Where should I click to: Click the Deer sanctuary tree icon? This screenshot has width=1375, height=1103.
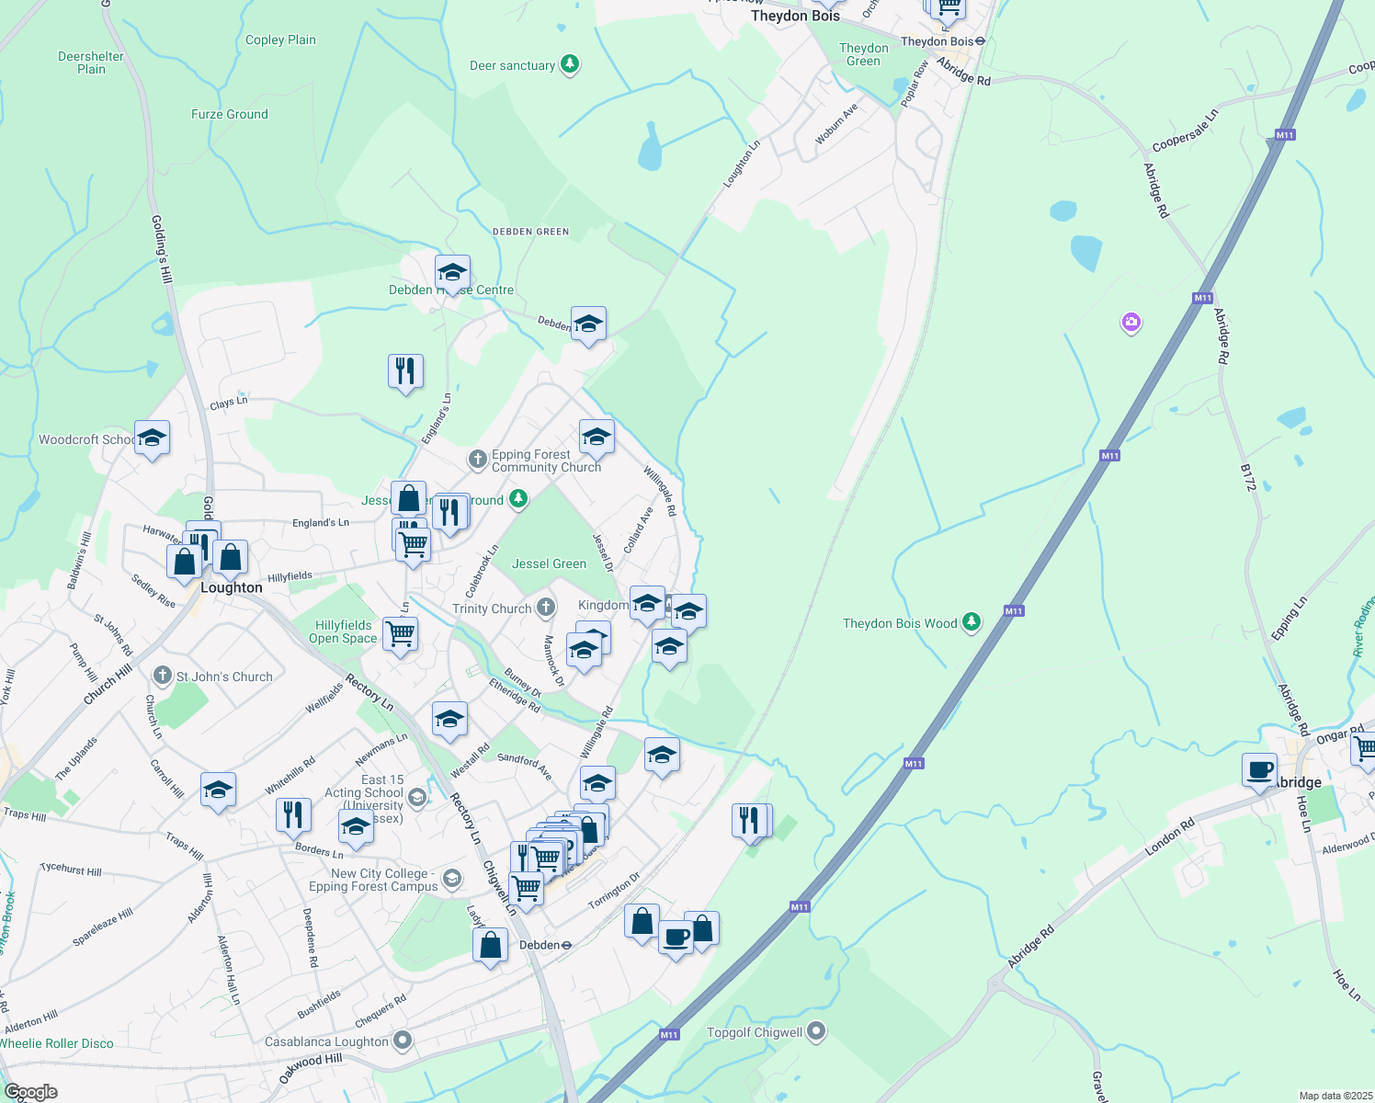tap(571, 64)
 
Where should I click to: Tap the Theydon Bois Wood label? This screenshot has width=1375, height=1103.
tap(900, 623)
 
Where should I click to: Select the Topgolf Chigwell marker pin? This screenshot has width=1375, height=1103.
tap(815, 1031)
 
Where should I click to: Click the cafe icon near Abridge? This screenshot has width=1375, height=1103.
tap(1259, 769)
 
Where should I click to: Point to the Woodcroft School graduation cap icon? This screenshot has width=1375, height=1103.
tap(152, 438)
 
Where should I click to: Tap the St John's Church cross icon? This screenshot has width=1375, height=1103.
tap(163, 677)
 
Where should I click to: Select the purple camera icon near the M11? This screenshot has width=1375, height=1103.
tap(1131, 323)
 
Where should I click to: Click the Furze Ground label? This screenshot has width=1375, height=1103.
tap(230, 114)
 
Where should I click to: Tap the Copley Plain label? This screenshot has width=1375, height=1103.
tap(280, 40)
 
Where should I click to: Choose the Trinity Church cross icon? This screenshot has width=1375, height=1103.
tap(546, 607)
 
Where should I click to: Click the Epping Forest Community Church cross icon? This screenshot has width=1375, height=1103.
tap(477, 459)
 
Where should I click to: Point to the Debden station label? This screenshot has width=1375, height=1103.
tap(540, 945)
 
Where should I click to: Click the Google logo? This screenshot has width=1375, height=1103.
tap(31, 1092)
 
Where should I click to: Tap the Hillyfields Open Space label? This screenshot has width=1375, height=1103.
tap(343, 631)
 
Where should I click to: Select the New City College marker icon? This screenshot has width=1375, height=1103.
tap(451, 879)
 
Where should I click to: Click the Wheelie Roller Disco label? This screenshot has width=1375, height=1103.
tap(57, 1043)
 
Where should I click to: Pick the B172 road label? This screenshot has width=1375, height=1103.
tap(1247, 477)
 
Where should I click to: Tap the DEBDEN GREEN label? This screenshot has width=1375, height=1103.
tap(530, 232)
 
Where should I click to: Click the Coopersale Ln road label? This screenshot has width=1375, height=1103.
tap(1185, 131)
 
